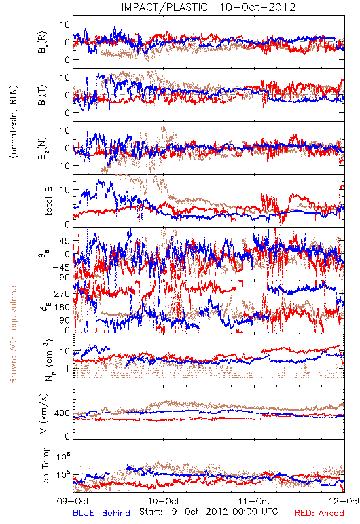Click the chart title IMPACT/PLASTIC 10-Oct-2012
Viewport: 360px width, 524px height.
click(x=208, y=7)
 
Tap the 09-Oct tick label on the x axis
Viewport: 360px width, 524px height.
click(x=73, y=501)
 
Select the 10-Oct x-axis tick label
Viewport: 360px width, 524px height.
click(x=164, y=501)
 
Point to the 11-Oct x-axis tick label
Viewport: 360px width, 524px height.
click(x=254, y=501)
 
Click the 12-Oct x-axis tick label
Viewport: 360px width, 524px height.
click(x=344, y=501)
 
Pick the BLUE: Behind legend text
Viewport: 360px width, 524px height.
click(x=101, y=513)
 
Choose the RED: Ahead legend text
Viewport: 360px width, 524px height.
click(x=319, y=513)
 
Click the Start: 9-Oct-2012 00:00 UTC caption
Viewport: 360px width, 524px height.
click(x=209, y=512)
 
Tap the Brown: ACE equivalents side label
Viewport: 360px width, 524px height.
click(x=13, y=333)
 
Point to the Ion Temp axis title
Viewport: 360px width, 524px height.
click(x=45, y=466)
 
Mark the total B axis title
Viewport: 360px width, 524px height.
click(x=48, y=201)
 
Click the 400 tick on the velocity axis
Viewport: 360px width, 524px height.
click(x=62, y=413)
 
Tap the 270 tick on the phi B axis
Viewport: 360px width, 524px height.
click(x=62, y=293)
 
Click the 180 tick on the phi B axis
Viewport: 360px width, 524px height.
click(x=62, y=307)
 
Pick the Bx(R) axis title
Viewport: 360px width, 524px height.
click(x=43, y=43)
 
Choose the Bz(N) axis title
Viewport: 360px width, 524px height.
click(x=43, y=149)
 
